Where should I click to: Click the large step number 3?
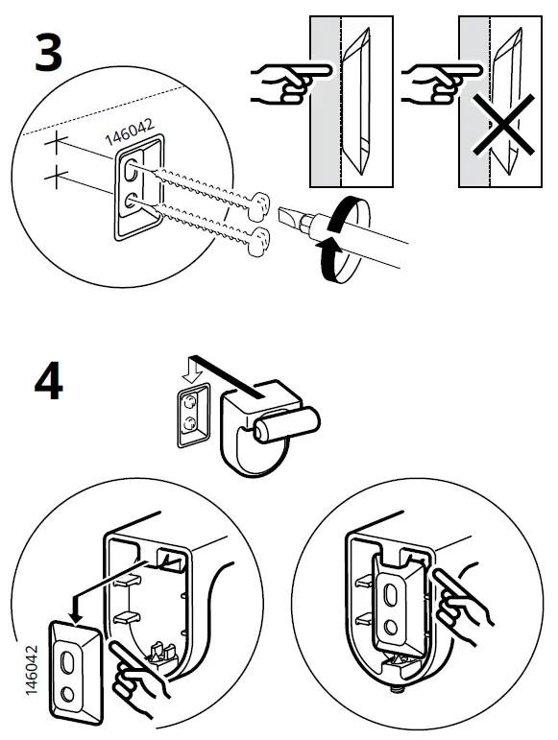48,55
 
